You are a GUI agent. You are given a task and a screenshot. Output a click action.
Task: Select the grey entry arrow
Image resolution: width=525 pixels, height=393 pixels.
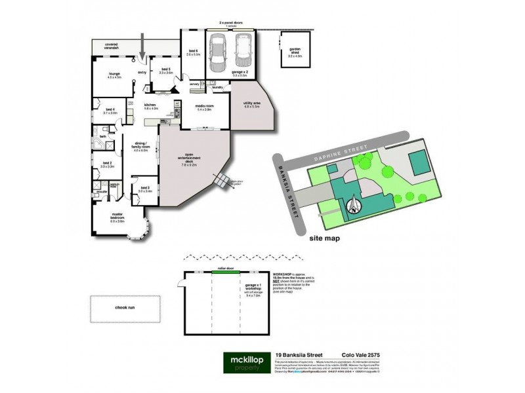click(145, 48)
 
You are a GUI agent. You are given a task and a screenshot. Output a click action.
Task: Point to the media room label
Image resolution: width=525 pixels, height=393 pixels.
click(204, 107)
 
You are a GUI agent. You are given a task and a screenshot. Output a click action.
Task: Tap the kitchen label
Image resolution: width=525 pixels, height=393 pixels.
click(150, 105)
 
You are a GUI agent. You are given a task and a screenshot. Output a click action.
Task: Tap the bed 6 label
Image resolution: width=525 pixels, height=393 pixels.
click(193, 52)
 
